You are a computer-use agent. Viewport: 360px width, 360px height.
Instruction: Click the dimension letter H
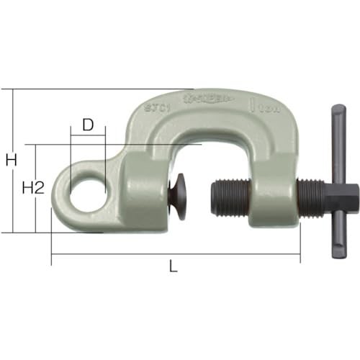coord(11,161)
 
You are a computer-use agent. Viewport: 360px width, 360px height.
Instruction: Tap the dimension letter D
coord(88,125)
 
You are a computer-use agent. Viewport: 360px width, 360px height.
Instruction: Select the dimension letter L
coord(173,266)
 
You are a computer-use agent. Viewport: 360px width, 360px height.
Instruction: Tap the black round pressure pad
coord(176,198)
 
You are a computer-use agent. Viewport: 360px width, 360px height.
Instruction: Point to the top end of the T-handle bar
coord(338,112)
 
